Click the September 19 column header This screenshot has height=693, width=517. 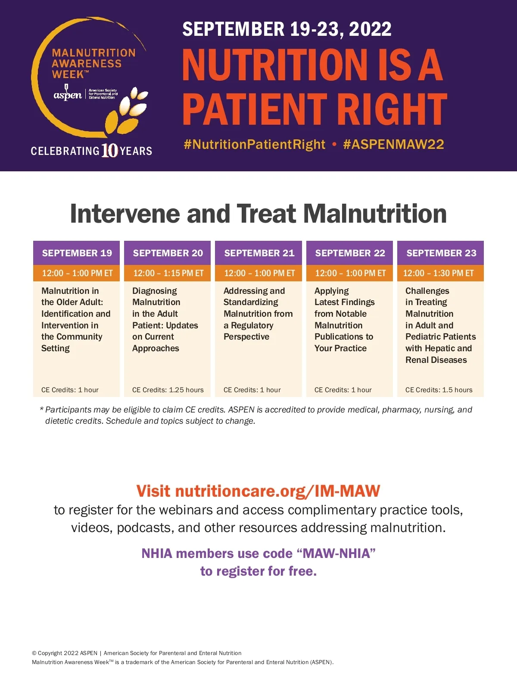point(77,252)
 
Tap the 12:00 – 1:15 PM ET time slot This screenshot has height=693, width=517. point(168,273)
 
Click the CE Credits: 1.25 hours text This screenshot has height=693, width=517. point(168,390)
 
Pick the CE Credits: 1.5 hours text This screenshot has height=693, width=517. point(439,390)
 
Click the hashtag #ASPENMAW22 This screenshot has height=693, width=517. point(393,144)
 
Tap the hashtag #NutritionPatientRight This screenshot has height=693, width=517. point(254,145)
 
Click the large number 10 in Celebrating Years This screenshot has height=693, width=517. point(110,151)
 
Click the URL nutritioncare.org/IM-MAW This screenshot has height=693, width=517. point(278,491)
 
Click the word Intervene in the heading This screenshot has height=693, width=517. point(125,214)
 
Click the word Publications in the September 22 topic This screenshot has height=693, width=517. point(339,337)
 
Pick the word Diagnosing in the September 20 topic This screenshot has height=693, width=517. point(155,291)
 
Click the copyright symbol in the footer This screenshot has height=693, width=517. point(34,653)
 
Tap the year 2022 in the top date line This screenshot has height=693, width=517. point(370,29)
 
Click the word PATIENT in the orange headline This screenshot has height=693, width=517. point(255,109)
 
